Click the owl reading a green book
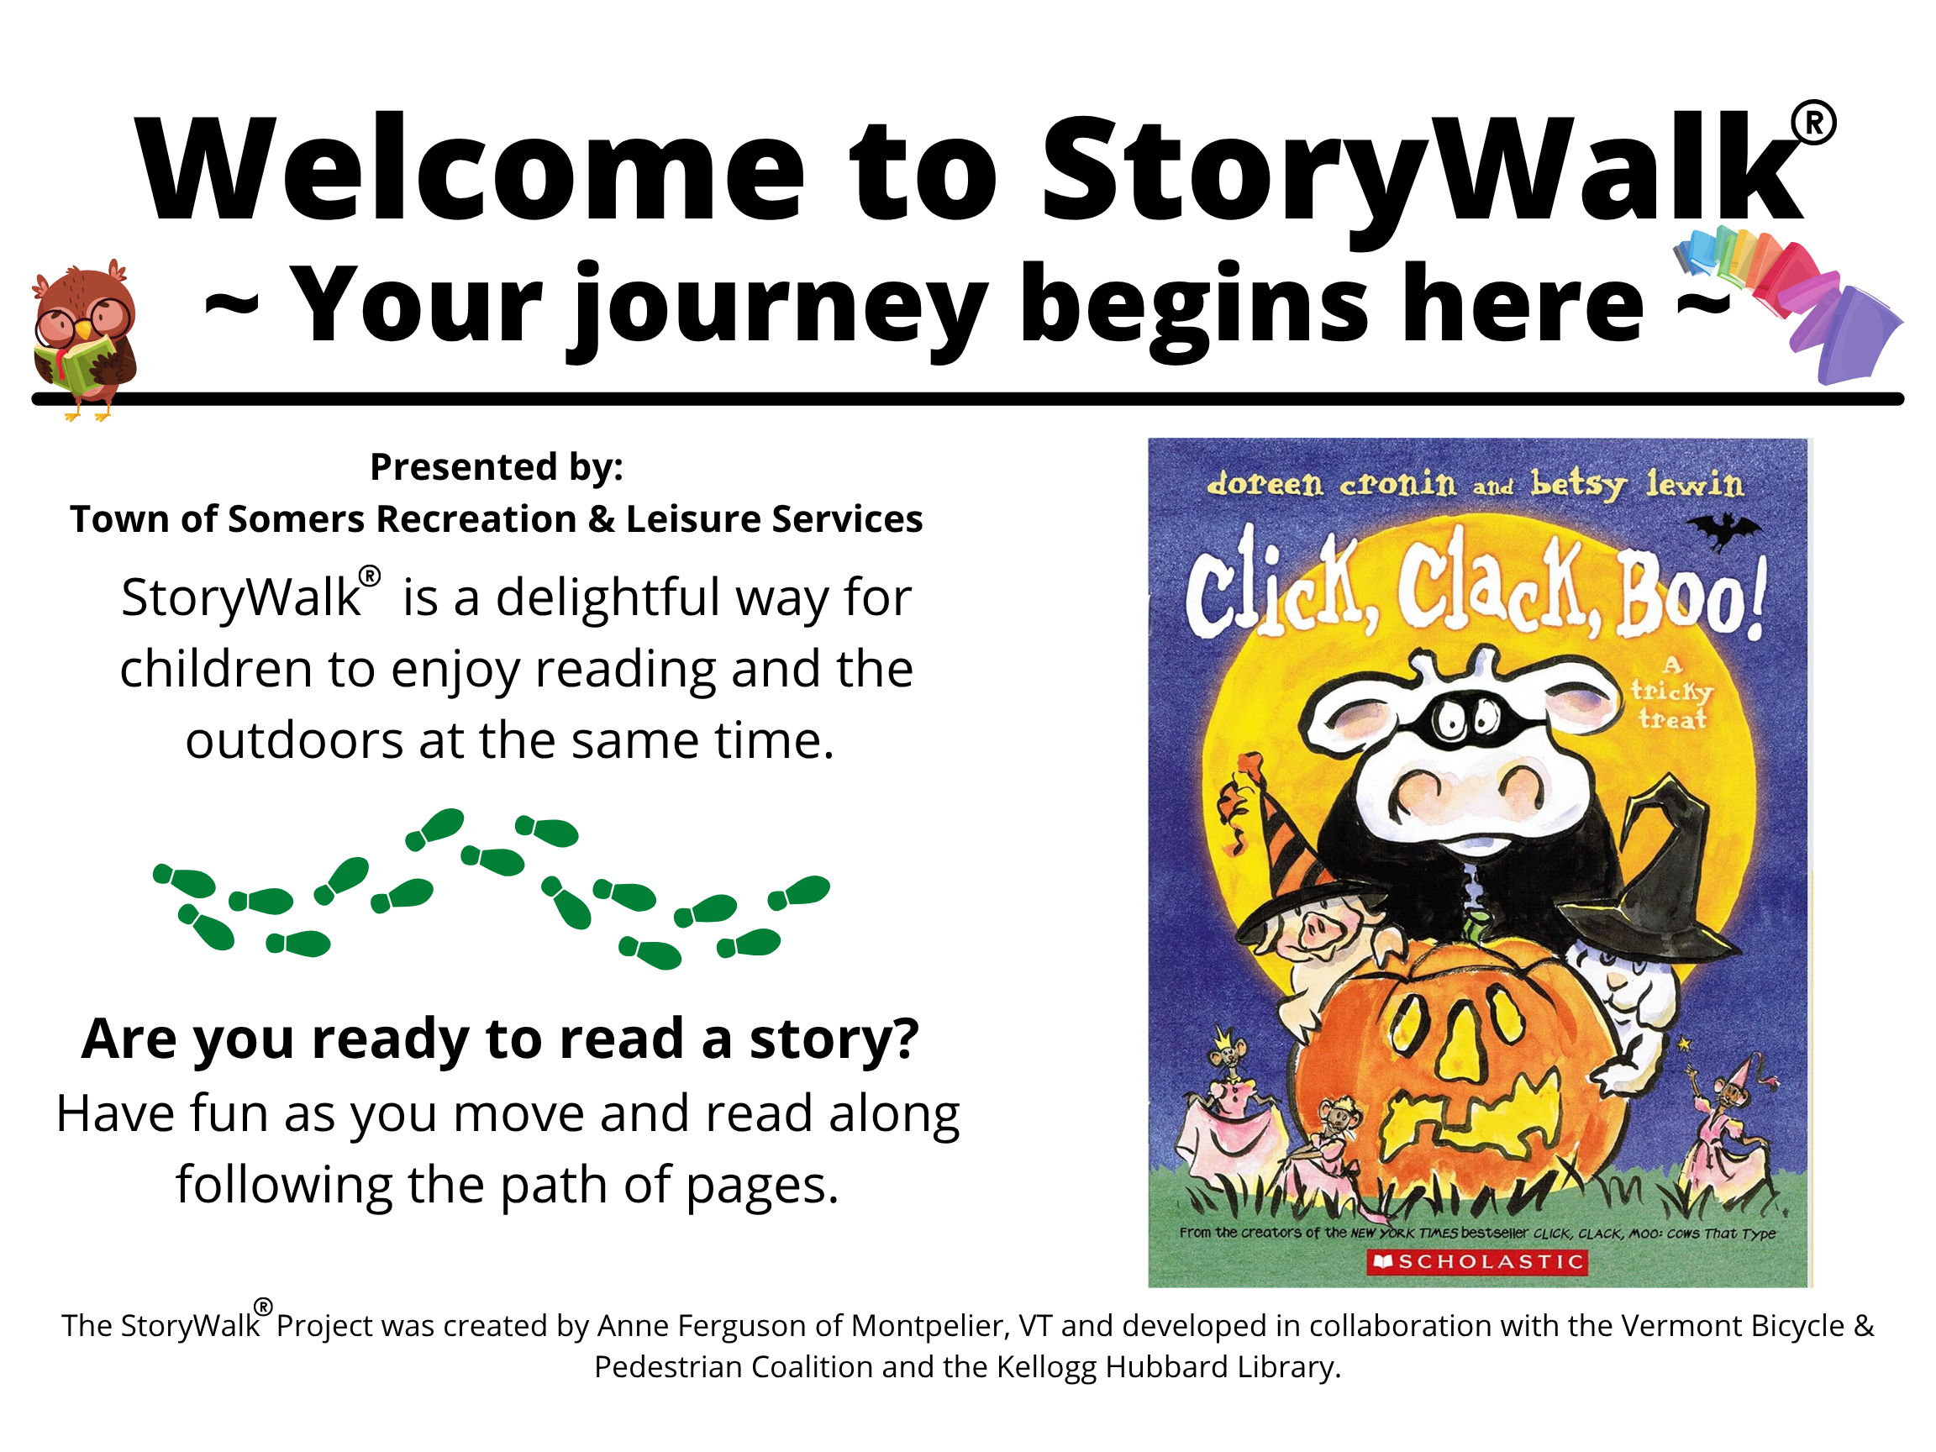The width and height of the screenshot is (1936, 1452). pos(84,339)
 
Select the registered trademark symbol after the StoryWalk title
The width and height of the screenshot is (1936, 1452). pos(1813,124)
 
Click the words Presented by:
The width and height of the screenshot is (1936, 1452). pos(497,466)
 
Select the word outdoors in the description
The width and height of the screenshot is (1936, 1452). pos(294,740)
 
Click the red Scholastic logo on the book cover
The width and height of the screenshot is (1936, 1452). pos(1477,1261)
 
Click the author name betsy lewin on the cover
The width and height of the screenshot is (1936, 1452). pos(1637,483)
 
